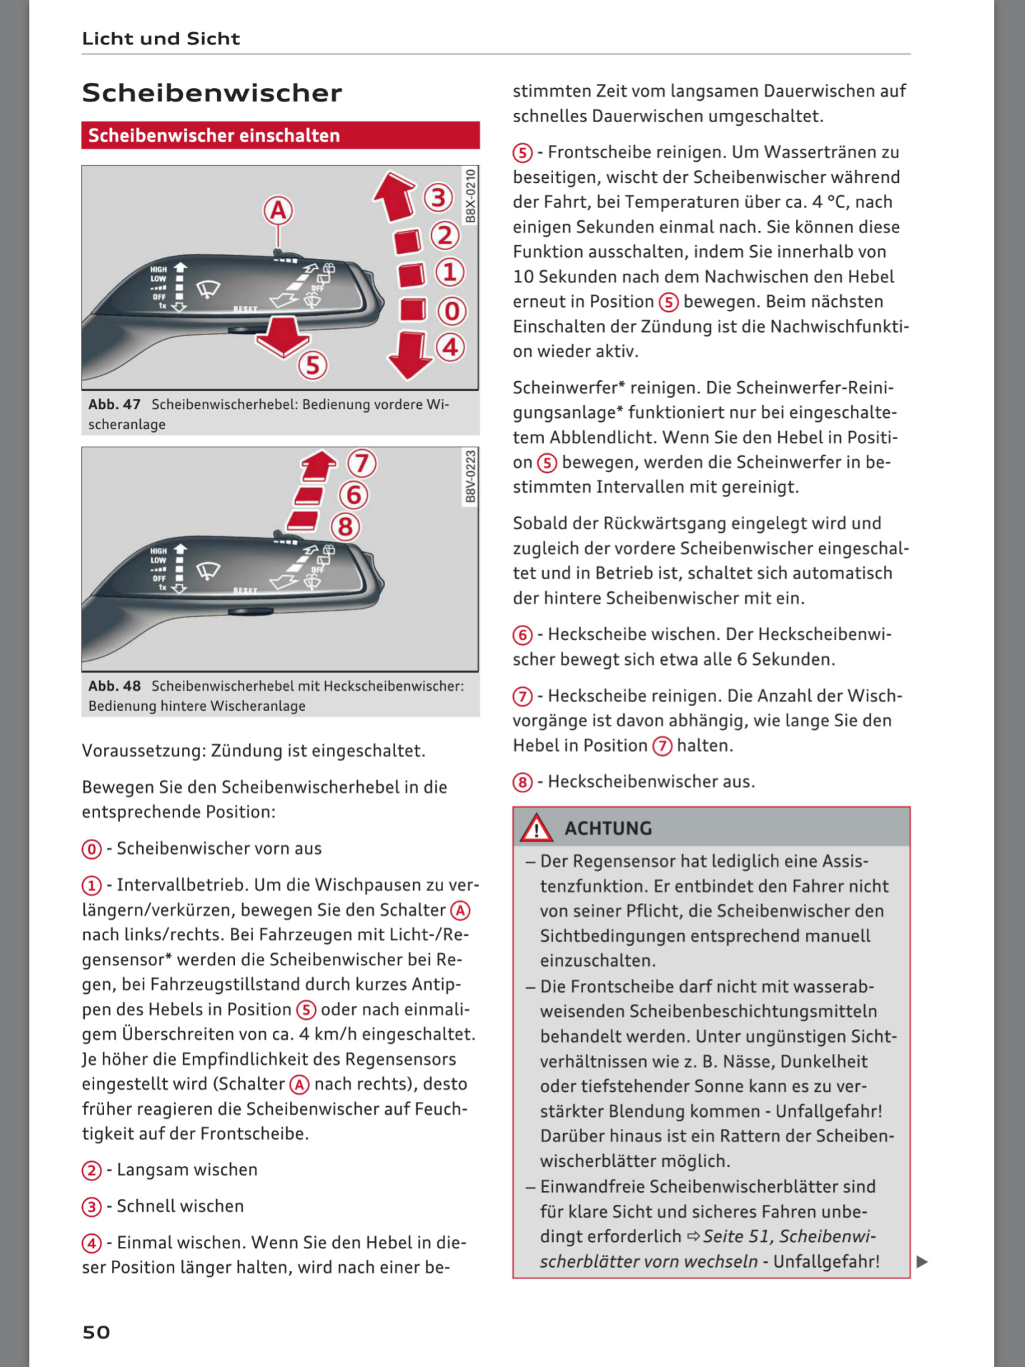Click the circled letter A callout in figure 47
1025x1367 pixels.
[x=278, y=211]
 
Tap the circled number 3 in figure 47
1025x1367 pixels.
[x=438, y=198]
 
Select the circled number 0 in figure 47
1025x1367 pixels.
[x=452, y=311]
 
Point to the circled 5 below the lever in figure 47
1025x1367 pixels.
[x=313, y=365]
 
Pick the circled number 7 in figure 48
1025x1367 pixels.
[x=362, y=463]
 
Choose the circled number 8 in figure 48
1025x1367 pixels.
[x=346, y=527]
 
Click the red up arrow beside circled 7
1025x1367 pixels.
[x=319, y=465]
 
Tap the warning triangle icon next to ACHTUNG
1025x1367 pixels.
[x=537, y=828]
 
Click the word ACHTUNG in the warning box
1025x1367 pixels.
[x=609, y=828]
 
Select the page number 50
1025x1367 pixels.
[x=96, y=1332]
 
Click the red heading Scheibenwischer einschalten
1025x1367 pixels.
[x=214, y=135]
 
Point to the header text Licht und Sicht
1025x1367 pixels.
[x=161, y=39]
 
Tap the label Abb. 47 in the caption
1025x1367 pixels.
[x=115, y=404]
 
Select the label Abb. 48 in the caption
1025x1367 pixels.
[x=115, y=686]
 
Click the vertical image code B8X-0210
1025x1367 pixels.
[x=470, y=196]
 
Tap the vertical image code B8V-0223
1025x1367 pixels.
[x=470, y=477]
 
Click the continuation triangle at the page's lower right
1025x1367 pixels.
[x=922, y=1262]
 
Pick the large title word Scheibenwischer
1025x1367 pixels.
[x=212, y=93]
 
